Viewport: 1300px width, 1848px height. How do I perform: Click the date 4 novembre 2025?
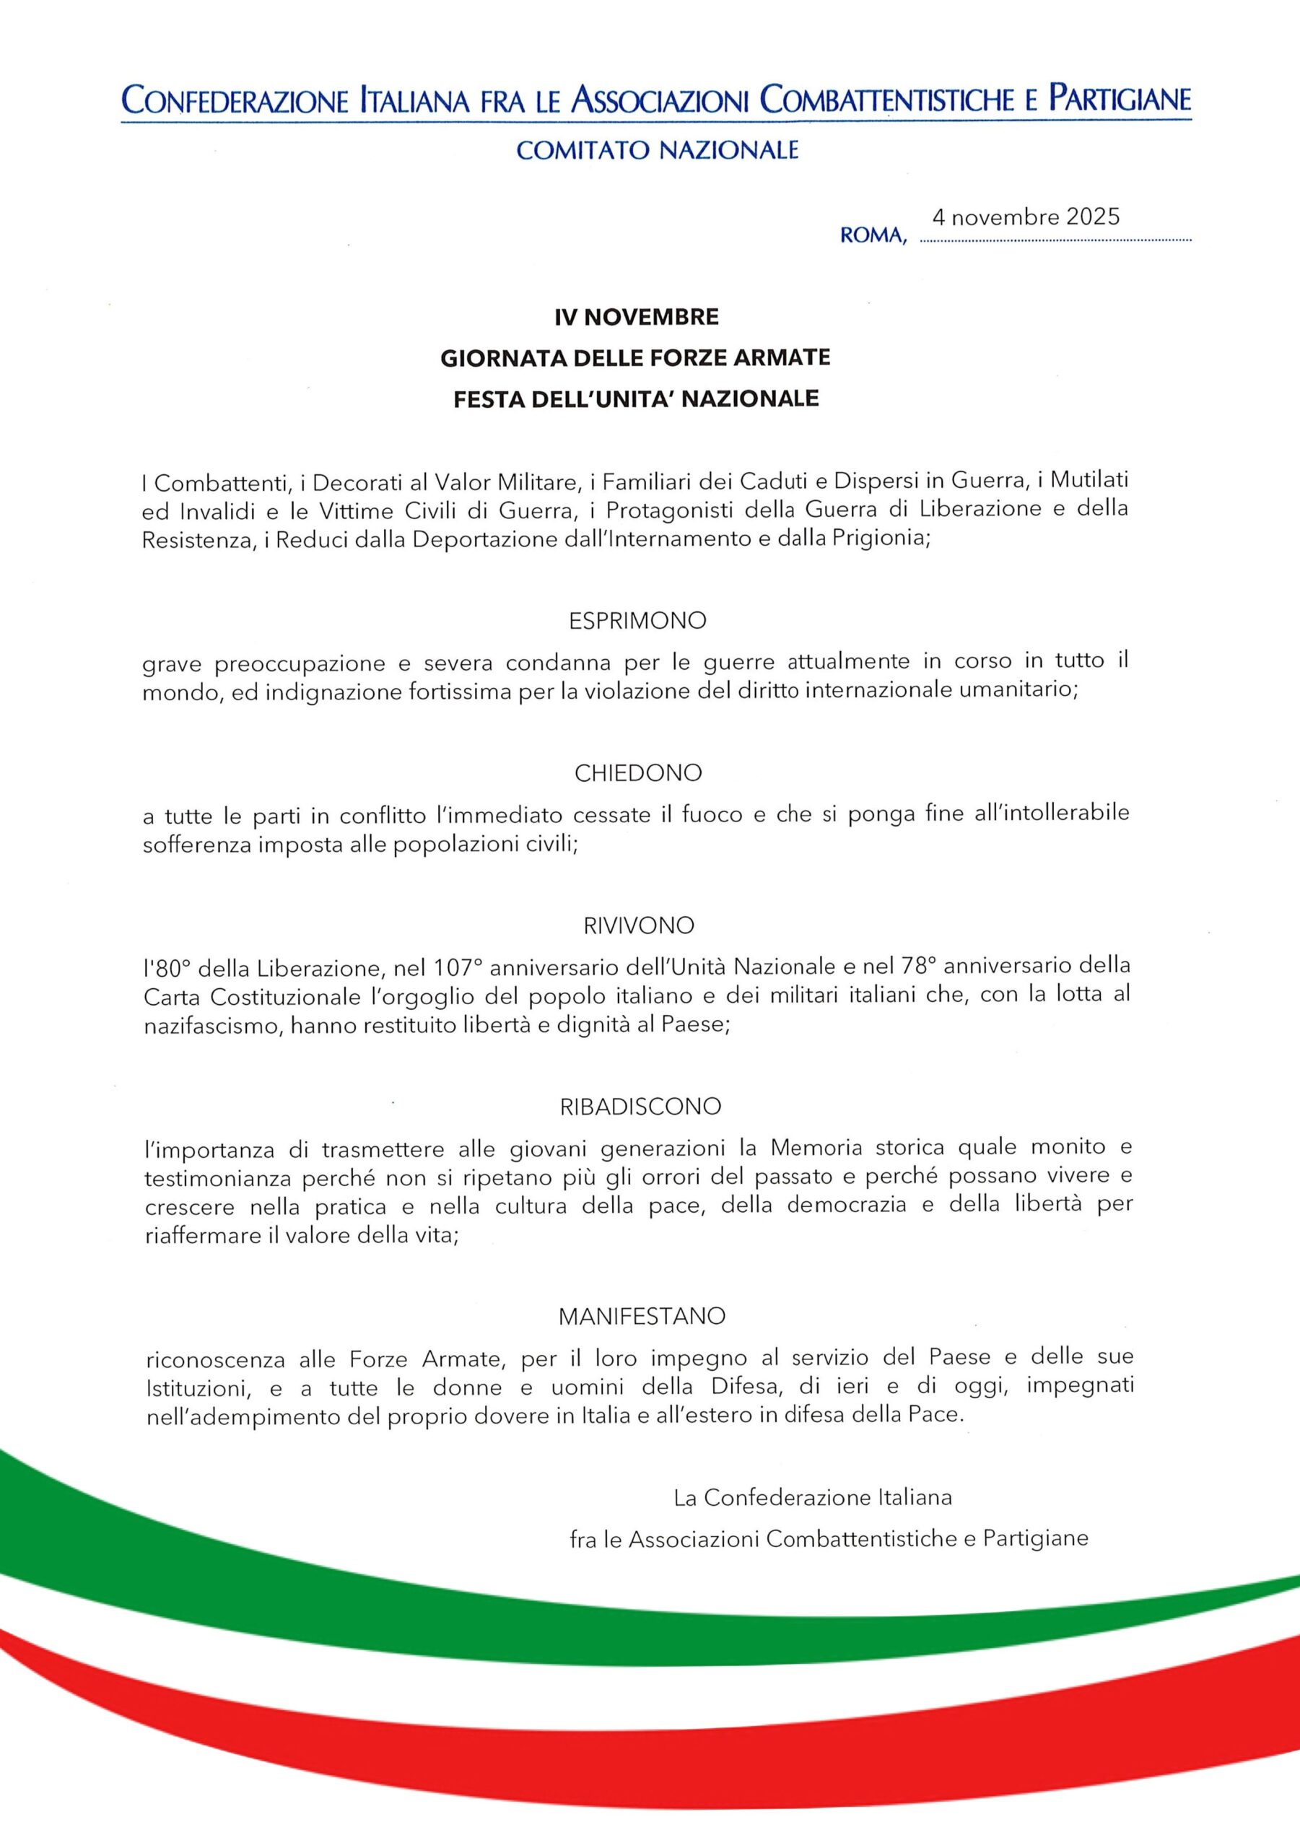tap(1026, 217)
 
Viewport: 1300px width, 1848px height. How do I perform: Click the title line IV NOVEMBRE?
tap(636, 317)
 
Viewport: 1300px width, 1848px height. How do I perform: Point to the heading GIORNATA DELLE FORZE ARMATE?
tap(635, 358)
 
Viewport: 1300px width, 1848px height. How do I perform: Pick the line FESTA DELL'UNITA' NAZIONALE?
tap(636, 399)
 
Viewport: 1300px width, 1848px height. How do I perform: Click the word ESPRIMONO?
tap(637, 621)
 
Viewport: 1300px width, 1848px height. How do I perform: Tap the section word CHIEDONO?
tap(637, 772)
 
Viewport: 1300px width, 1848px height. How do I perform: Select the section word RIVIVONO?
tap(638, 925)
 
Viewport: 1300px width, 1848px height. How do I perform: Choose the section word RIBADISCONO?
tap(640, 1107)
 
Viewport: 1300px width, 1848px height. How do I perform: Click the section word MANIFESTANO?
tap(642, 1316)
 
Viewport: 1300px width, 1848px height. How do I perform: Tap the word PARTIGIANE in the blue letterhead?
tap(1120, 99)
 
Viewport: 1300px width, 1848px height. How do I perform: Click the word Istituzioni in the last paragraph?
tap(193, 1387)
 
